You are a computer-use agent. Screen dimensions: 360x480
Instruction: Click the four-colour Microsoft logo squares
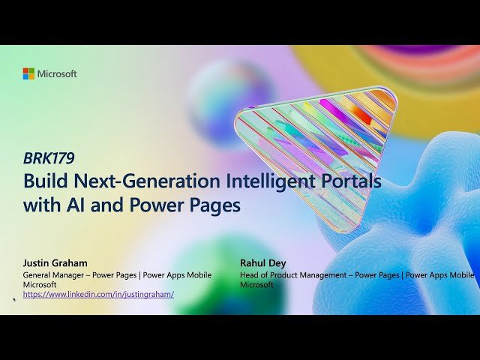point(28,73)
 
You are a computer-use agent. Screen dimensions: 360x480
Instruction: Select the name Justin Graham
point(55,263)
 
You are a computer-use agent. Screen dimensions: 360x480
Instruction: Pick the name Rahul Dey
point(263,263)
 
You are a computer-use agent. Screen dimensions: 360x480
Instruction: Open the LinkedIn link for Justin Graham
point(98,295)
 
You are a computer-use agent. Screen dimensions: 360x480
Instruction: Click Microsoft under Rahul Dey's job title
point(256,285)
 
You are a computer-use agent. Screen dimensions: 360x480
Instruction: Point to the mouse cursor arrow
point(14,298)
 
